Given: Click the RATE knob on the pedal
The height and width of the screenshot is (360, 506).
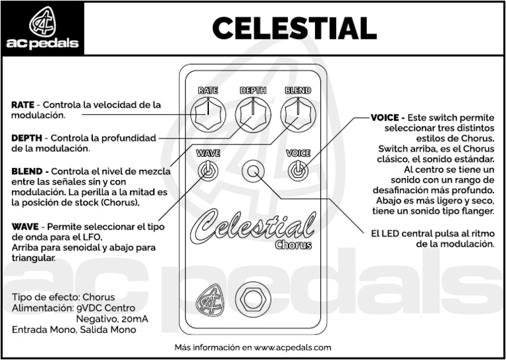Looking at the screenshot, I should (x=208, y=113).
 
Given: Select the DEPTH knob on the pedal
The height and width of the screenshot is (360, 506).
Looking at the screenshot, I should (x=253, y=113).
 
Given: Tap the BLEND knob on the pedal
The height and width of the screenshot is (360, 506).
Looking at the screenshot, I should (x=298, y=113).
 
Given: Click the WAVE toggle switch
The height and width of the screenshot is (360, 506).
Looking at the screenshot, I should (x=208, y=171).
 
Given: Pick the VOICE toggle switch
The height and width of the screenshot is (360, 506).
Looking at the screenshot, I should (x=298, y=171).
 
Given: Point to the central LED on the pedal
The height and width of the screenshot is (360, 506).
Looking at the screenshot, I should (x=253, y=171).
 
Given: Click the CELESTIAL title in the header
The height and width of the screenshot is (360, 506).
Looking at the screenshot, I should (x=294, y=28).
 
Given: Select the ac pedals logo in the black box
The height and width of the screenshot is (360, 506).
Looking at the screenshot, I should (x=42, y=28).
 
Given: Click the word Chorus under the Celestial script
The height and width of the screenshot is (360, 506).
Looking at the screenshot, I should (x=293, y=245).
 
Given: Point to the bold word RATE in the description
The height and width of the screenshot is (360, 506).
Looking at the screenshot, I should (x=22, y=105).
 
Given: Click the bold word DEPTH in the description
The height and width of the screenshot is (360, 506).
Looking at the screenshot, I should (x=26, y=138).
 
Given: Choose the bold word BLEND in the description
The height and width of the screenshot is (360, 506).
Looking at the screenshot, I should (x=26, y=171).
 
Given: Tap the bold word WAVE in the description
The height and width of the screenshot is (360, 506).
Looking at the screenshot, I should (x=25, y=226).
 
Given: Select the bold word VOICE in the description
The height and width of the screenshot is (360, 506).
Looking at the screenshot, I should (x=385, y=117).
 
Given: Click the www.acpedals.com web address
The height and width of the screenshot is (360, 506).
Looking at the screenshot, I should (x=293, y=347).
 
